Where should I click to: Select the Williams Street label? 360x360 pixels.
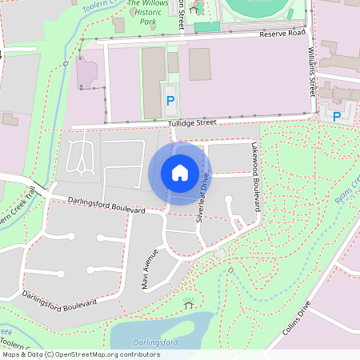point(311,70)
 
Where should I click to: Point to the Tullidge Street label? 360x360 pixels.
point(193,123)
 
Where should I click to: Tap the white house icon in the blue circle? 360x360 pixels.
point(180,172)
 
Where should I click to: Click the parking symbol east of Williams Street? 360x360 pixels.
point(337,116)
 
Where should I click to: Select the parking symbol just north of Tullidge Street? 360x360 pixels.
point(170,101)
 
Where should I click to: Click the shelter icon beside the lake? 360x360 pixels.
point(189,304)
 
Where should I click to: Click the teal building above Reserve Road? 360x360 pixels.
point(206,26)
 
